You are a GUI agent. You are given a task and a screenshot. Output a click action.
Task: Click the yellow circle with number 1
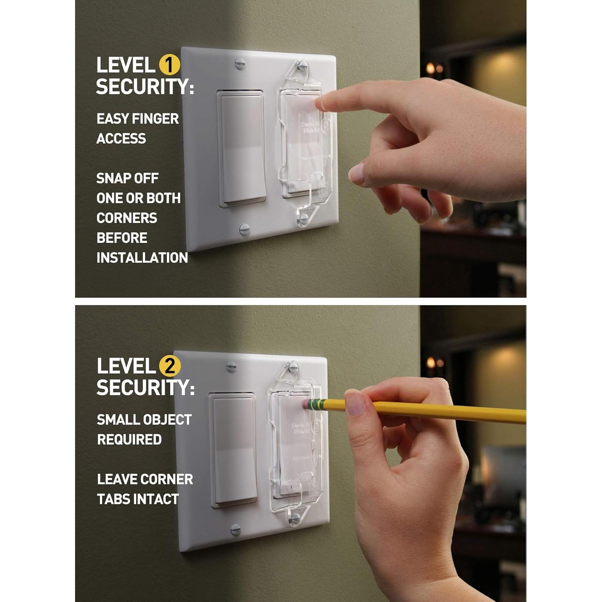169,65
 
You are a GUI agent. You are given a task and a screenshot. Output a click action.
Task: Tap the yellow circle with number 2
170,366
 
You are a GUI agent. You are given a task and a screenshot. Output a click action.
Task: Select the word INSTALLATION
142,258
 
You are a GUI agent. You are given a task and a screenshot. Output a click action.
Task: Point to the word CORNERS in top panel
127,218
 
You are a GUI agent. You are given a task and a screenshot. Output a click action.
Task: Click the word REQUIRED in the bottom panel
129,439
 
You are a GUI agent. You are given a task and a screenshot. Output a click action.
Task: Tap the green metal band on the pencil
318,404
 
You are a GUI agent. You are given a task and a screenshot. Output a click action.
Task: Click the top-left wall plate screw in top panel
240,63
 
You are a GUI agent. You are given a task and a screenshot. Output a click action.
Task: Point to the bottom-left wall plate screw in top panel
244,230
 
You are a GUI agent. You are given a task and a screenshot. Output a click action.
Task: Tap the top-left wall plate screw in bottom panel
231,366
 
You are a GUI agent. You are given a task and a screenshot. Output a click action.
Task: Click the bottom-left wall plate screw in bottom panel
236,530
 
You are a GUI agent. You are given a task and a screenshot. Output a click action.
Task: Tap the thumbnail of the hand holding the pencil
355,403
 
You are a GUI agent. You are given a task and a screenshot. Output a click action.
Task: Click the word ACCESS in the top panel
121,138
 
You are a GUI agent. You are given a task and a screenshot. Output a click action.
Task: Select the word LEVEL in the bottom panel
126,366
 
